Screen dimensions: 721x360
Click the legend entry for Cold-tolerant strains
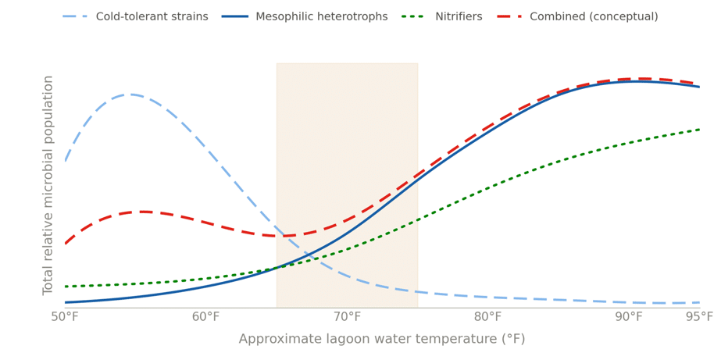(x=135, y=17)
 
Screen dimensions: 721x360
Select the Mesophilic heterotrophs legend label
(x=305, y=17)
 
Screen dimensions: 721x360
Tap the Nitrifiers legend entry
(x=441, y=17)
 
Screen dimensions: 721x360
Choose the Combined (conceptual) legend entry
(x=577, y=17)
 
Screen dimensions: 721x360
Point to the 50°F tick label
(x=65, y=317)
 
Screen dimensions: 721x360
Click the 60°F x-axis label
(x=206, y=317)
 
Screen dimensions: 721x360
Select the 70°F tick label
(x=347, y=317)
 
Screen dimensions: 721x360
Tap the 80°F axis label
(x=488, y=317)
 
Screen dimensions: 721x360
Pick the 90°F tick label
(x=629, y=317)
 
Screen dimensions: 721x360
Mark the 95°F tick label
(x=699, y=317)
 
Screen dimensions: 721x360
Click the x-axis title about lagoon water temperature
(x=382, y=340)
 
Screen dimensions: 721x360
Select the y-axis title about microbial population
(x=48, y=185)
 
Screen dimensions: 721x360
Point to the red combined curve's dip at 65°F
(x=285, y=236)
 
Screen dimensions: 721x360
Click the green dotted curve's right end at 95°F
(x=699, y=129)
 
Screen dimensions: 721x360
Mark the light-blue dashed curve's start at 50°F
(x=66, y=161)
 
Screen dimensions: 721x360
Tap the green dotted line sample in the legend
(x=415, y=17)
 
